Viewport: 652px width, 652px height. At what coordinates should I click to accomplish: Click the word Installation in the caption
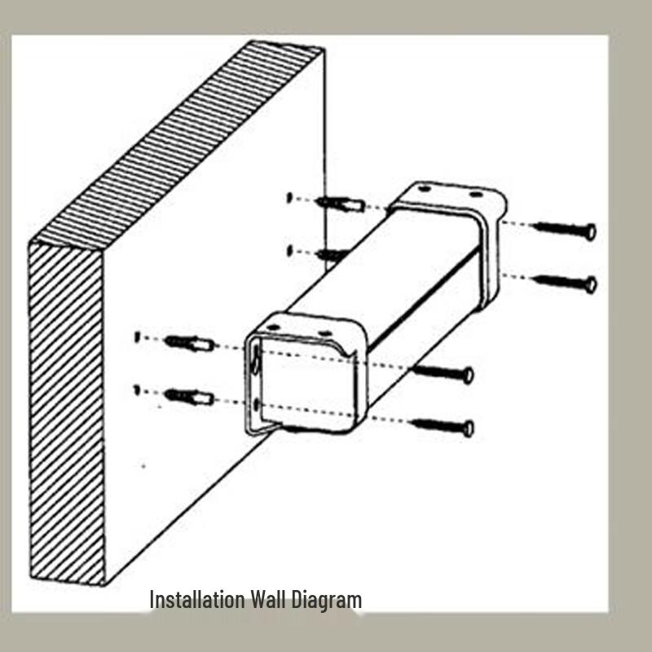point(197,600)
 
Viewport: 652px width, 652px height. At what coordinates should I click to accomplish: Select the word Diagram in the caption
point(327,601)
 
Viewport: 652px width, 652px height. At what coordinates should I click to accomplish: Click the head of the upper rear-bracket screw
point(590,231)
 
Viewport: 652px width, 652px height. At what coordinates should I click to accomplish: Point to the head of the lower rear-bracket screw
point(591,284)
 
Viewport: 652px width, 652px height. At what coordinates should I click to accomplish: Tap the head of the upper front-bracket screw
point(468,376)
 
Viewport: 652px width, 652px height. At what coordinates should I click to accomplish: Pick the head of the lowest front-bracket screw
point(468,429)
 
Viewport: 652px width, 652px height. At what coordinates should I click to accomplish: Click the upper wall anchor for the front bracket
point(190,343)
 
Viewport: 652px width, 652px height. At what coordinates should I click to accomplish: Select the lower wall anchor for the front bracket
point(190,397)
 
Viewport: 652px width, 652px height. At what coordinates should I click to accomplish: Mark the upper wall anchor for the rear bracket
point(341,204)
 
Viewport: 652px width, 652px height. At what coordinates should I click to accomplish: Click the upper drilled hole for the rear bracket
point(290,197)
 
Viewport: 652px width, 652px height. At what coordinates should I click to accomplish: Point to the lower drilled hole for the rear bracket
point(290,251)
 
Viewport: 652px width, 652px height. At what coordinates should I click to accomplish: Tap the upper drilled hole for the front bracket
point(138,337)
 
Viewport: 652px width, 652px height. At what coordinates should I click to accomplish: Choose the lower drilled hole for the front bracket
point(137,390)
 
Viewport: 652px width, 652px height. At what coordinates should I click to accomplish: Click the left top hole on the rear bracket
point(424,189)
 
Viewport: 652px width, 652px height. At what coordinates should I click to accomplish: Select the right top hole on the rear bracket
point(475,194)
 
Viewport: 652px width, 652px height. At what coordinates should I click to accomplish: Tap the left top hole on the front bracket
point(273,328)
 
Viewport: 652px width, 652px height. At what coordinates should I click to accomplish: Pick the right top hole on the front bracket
point(324,333)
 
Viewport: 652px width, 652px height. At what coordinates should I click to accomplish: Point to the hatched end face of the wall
point(67,414)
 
